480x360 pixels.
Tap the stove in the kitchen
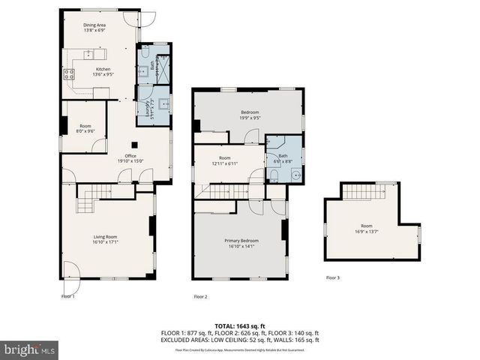click(68, 73)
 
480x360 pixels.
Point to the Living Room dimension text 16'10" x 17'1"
click(105, 241)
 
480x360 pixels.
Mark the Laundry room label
click(152, 107)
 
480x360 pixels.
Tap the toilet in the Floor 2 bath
click(274, 176)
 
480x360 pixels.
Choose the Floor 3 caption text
click(333, 277)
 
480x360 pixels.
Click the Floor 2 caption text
click(201, 296)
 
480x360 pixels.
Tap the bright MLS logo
click(29, 349)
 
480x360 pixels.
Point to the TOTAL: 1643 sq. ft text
click(240, 325)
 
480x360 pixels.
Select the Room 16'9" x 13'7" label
click(366, 229)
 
